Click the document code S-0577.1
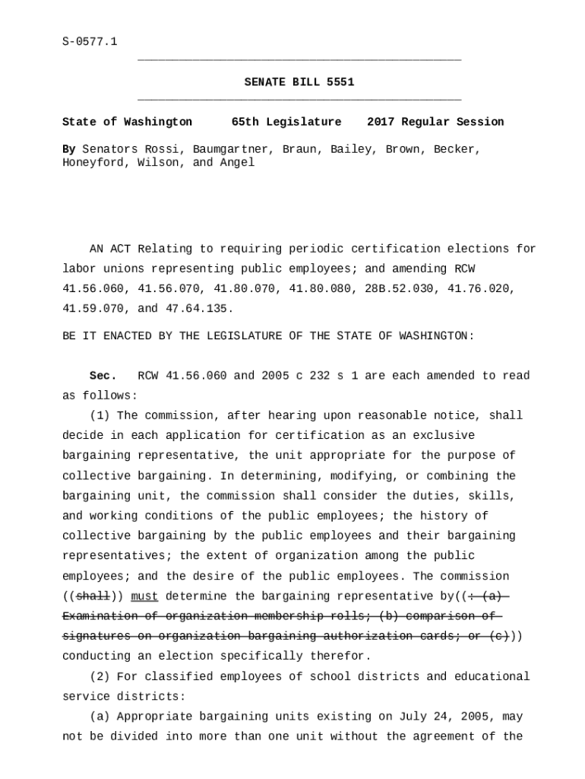[x=90, y=42]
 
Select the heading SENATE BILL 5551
[x=299, y=82]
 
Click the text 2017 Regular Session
[x=435, y=122]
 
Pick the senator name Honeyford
[x=93, y=163]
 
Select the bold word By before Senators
[x=68, y=149]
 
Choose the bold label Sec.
[x=103, y=376]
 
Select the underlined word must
[x=144, y=596]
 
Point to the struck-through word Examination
[x=100, y=616]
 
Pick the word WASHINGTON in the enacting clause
[x=432, y=336]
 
